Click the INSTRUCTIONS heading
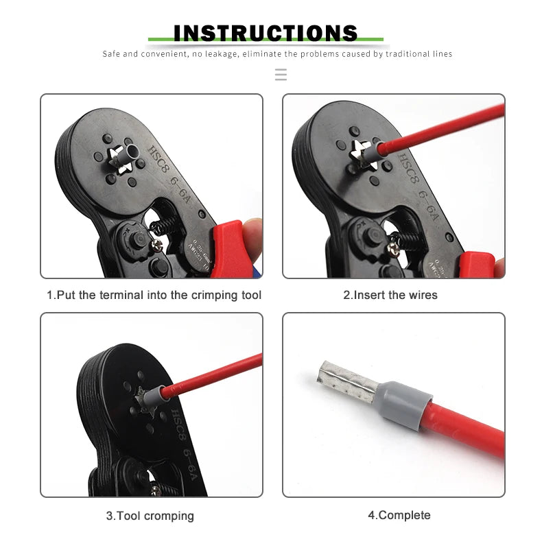[266, 32]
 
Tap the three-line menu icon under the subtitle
[281, 74]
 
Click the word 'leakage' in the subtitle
[216, 53]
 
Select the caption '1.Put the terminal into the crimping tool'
[154, 295]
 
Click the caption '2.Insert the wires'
[390, 295]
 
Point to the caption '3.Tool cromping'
[150, 516]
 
